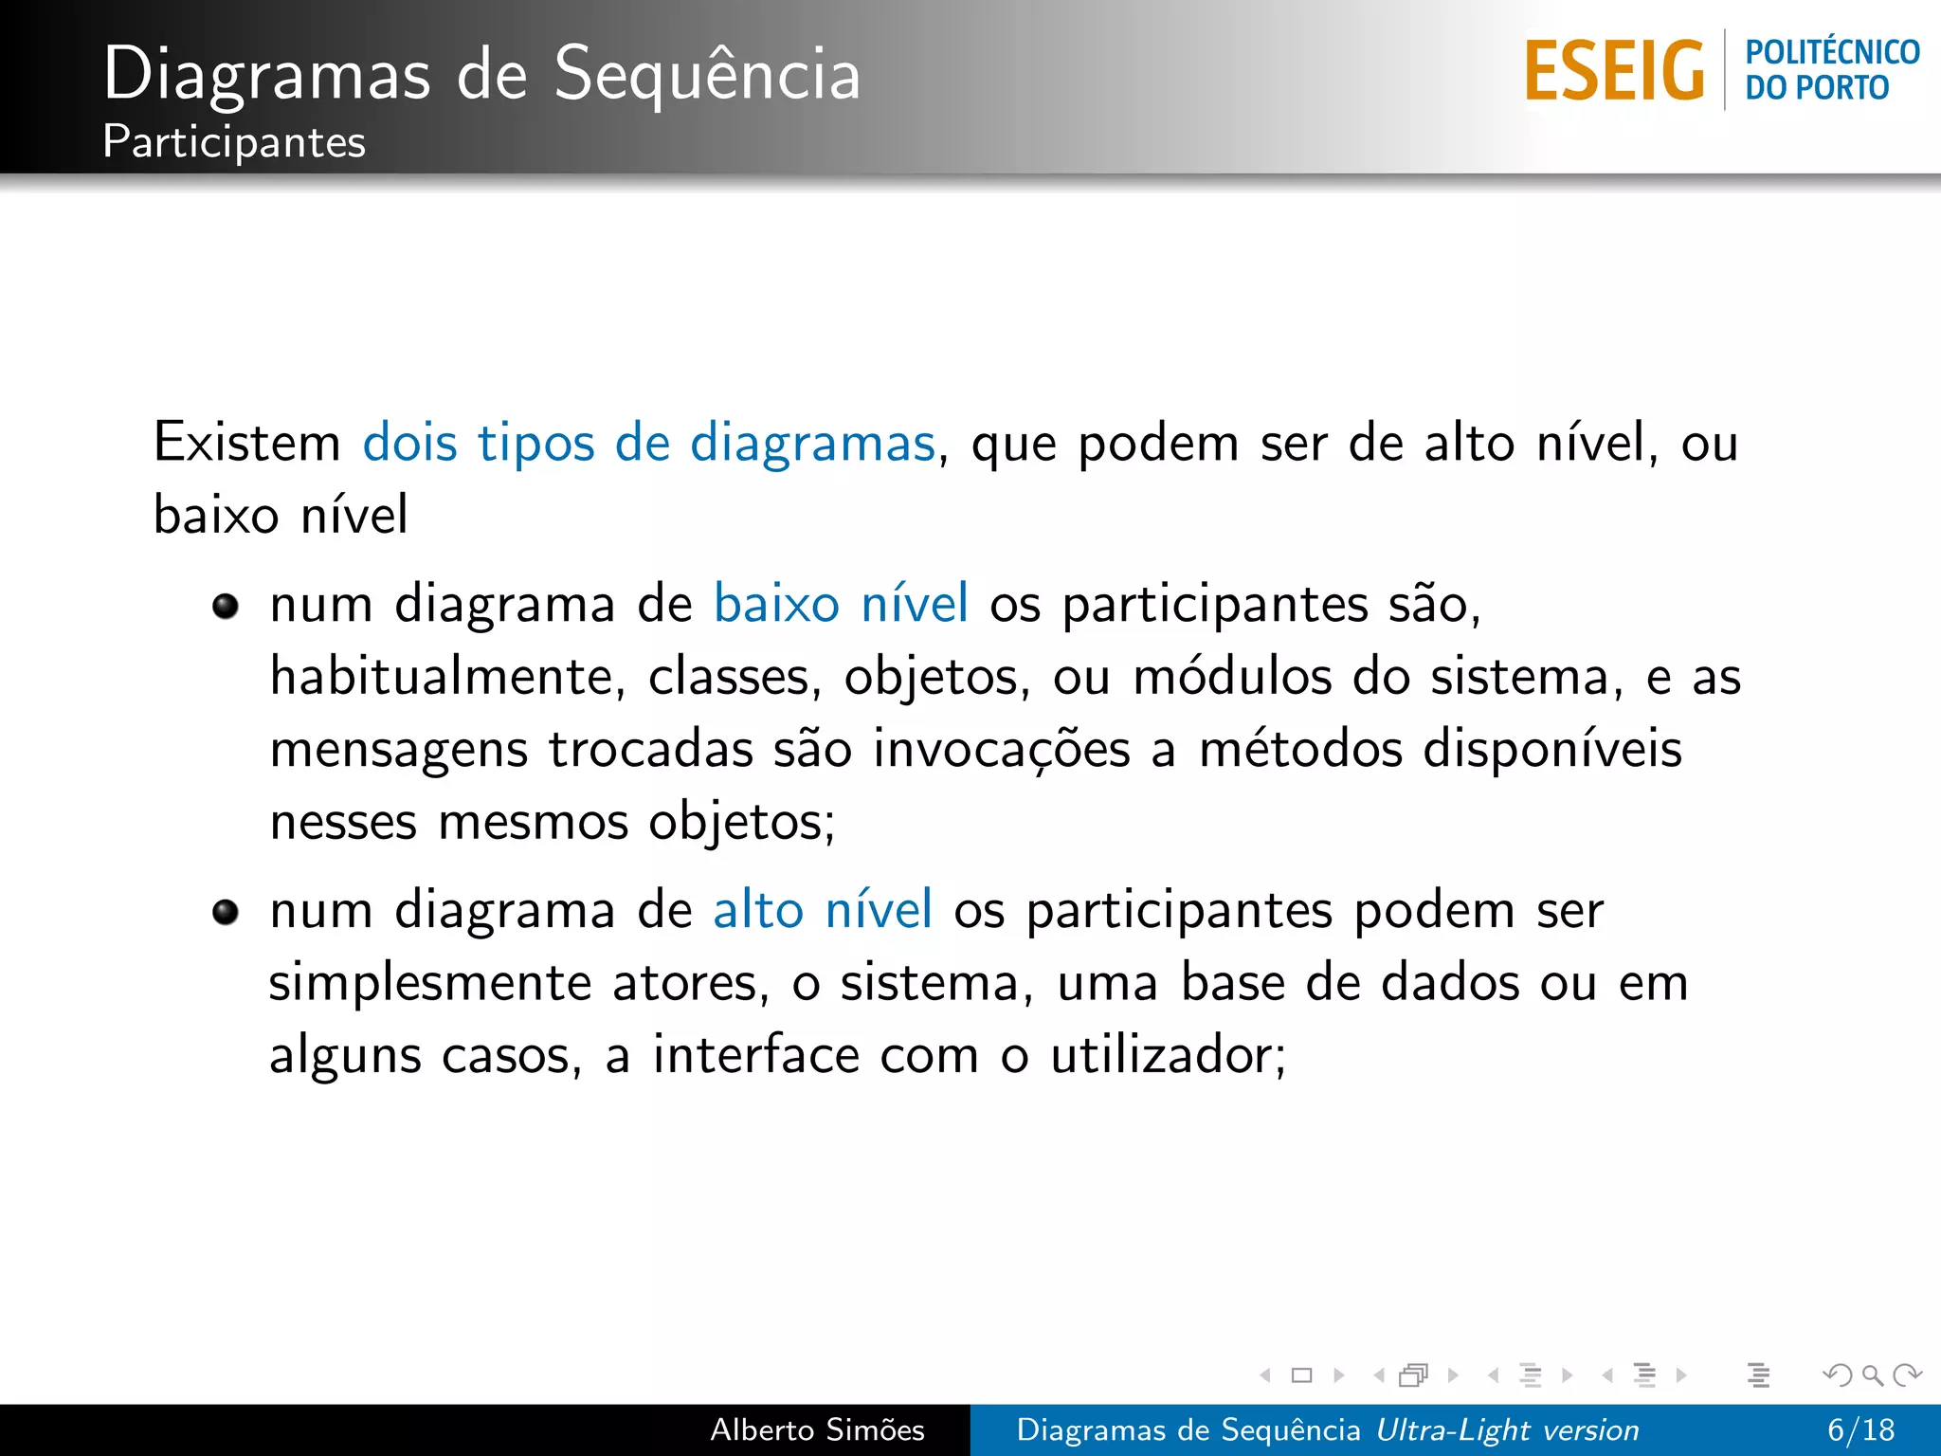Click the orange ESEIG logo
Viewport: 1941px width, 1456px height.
point(1614,71)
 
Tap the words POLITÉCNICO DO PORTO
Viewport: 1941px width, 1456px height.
point(1831,70)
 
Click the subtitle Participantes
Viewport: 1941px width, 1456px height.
point(234,142)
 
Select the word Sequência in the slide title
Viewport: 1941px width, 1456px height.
point(707,74)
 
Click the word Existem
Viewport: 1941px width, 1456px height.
point(247,443)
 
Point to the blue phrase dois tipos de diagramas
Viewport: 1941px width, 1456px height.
point(649,443)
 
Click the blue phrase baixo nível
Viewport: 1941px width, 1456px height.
point(841,604)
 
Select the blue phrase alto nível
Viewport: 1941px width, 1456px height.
point(823,910)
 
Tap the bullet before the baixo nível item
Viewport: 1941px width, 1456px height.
point(226,606)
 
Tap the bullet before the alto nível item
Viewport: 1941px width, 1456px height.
point(226,912)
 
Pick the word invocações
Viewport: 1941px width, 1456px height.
point(1002,749)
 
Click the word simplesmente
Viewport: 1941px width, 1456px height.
point(429,983)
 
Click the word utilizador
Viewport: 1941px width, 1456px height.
point(1168,1055)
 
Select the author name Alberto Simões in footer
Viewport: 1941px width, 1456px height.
point(817,1429)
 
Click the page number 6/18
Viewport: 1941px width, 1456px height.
point(1860,1429)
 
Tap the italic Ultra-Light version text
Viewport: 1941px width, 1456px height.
point(1507,1429)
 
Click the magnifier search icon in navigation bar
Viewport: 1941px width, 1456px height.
point(1872,1374)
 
